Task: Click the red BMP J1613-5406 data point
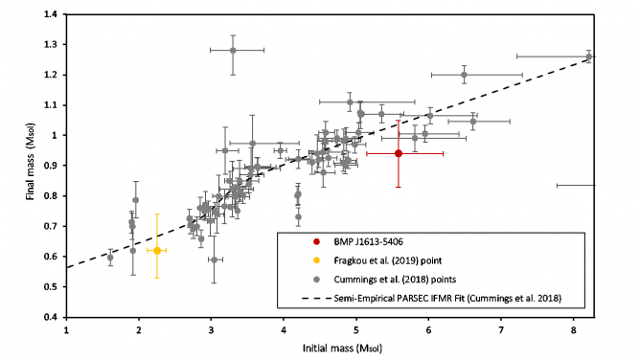click(x=399, y=153)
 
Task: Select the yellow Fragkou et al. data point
click(x=157, y=250)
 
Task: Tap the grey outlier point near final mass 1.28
click(x=233, y=50)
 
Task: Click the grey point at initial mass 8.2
click(x=588, y=56)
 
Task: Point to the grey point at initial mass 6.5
click(x=465, y=74)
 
